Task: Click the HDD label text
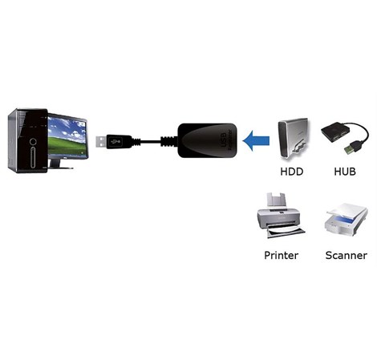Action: (x=291, y=172)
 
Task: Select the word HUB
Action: (x=344, y=172)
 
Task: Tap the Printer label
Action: (x=281, y=255)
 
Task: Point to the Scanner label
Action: (x=346, y=255)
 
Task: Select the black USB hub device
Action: (x=337, y=133)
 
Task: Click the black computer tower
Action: (x=26, y=140)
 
